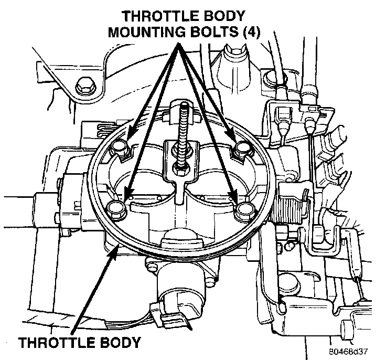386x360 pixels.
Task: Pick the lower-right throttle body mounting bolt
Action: coord(244,210)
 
